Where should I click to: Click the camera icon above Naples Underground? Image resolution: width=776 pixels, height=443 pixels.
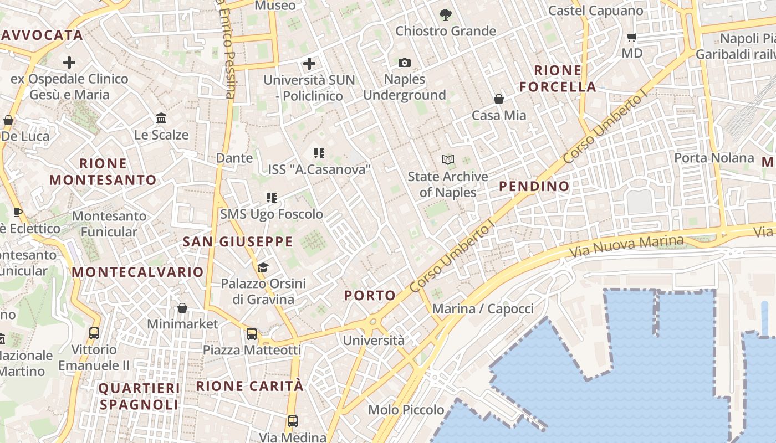tap(405, 63)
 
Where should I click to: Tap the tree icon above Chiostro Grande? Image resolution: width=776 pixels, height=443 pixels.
tap(445, 15)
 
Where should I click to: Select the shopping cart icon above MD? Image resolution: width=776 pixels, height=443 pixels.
tap(631, 38)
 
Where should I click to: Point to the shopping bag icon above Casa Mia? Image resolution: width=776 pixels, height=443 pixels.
tap(499, 99)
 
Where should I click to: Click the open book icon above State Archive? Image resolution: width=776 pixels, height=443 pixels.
tap(447, 160)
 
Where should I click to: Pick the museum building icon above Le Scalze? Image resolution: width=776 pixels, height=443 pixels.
tap(161, 119)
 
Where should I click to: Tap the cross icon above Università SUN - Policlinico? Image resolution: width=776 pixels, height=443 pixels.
tap(309, 64)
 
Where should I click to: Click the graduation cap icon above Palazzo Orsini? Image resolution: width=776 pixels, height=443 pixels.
tap(263, 268)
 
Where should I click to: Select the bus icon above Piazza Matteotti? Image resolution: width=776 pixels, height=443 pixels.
tap(252, 333)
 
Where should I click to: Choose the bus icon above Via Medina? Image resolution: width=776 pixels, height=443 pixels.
tap(293, 421)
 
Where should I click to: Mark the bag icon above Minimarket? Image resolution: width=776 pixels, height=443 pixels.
tap(182, 308)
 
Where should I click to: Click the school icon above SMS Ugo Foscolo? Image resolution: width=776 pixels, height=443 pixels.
tap(271, 198)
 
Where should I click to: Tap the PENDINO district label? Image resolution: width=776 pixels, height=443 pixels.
tap(534, 186)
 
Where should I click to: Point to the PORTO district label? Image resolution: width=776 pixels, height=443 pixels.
tap(370, 296)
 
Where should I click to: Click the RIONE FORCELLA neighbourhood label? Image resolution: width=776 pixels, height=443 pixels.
tap(558, 79)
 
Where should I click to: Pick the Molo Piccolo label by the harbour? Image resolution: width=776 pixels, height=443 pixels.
tap(406, 410)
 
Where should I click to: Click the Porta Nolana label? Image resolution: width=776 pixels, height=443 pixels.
tap(714, 158)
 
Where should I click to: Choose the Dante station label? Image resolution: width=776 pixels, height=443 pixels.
tap(234, 158)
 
